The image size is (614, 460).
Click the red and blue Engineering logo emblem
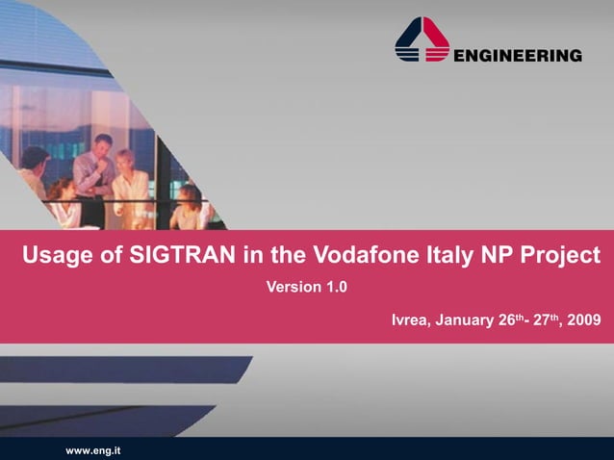click(422, 41)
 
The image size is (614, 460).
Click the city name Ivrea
click(411, 319)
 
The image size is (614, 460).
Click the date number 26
click(508, 319)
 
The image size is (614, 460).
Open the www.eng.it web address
click(92, 449)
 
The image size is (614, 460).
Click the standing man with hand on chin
click(94, 173)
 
